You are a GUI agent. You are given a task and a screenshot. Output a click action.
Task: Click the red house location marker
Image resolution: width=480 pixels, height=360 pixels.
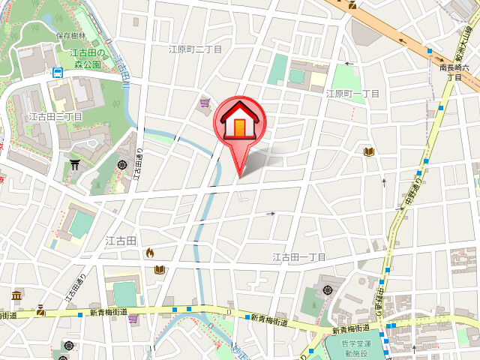point(238,124)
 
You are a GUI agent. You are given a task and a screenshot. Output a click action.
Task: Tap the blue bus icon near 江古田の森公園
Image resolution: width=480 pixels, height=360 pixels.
point(58,73)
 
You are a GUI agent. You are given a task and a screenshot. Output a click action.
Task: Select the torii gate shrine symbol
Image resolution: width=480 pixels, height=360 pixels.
point(75,163)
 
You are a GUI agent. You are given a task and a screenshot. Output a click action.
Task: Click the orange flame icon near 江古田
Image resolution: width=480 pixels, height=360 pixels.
point(150,253)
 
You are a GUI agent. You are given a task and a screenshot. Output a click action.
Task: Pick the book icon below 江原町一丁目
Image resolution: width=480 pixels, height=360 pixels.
point(368,152)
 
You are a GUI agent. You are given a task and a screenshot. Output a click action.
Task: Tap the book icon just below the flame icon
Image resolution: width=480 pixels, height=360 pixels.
point(158,269)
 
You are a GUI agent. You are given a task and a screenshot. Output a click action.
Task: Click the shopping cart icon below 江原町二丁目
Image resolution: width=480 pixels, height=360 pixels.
point(204,103)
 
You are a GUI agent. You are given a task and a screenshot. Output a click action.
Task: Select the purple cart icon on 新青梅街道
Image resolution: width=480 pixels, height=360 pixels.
point(133,319)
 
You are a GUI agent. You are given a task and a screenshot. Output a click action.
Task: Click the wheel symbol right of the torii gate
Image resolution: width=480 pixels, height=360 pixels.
point(122,164)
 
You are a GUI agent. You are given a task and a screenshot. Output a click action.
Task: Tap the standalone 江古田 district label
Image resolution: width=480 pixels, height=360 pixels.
point(120,241)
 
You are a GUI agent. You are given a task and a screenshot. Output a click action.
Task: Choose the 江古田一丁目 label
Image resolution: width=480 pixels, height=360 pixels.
point(298,257)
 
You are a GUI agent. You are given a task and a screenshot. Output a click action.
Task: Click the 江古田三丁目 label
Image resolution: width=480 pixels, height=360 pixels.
point(55,116)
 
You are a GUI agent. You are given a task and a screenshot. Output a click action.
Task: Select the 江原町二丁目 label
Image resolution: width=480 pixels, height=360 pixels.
point(196,49)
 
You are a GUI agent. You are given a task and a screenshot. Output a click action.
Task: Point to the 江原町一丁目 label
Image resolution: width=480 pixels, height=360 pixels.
point(352,94)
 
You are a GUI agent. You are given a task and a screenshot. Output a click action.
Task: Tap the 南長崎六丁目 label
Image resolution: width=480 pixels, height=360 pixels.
point(456,72)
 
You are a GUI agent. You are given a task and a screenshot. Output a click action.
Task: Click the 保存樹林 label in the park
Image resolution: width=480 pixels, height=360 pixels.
point(72,35)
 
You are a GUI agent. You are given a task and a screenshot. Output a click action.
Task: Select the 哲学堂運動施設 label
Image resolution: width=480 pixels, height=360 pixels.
point(352,349)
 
